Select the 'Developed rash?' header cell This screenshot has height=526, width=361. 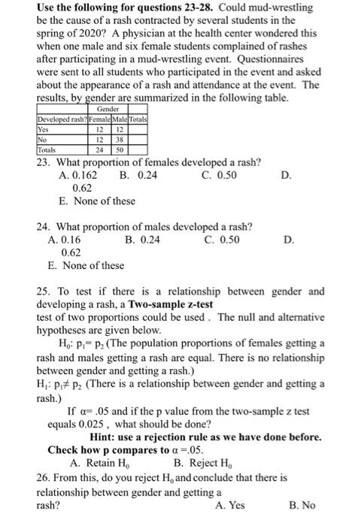[x=62, y=119]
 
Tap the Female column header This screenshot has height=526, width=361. [x=100, y=119]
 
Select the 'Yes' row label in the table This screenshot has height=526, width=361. [x=44, y=128]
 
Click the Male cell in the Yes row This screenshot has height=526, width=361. [x=120, y=128]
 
